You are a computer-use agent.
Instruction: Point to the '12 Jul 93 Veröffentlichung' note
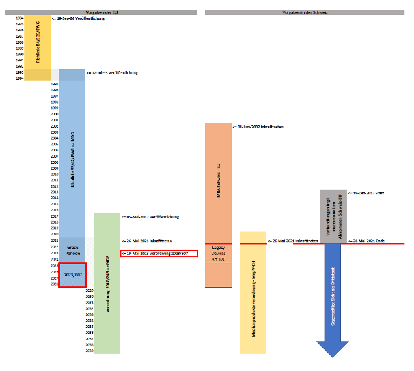click(114, 72)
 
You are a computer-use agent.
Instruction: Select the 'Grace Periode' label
click(72, 250)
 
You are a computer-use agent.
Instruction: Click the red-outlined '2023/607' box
click(72, 274)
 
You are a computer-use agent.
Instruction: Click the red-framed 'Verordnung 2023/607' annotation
click(159, 253)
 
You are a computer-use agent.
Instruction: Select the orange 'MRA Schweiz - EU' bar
click(219, 181)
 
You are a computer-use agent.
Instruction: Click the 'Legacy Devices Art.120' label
click(219, 253)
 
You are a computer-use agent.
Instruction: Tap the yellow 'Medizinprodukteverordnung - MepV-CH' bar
click(253, 293)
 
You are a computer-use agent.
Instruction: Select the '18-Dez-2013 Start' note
click(368, 193)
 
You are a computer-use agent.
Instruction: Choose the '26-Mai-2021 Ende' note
click(368, 241)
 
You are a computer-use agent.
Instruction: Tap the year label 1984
click(19, 18)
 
